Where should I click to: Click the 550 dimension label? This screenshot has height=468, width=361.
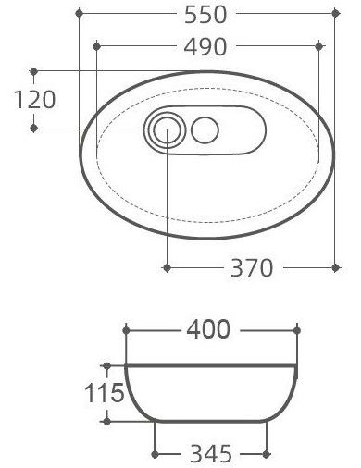[x=205, y=15]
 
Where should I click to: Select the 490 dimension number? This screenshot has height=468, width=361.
[x=205, y=47]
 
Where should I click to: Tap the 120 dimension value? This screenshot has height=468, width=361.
[x=35, y=99]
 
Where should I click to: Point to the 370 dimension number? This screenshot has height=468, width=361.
[x=252, y=267]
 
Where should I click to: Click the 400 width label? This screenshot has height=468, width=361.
[x=208, y=329]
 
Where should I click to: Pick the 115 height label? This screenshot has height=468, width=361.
[x=105, y=392]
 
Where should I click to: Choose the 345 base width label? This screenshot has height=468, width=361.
[x=211, y=453]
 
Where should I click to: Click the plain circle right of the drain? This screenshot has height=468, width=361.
[x=205, y=130]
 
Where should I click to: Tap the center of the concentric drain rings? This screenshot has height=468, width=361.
[x=165, y=130]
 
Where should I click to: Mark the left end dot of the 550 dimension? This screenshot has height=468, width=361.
[x=80, y=13]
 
